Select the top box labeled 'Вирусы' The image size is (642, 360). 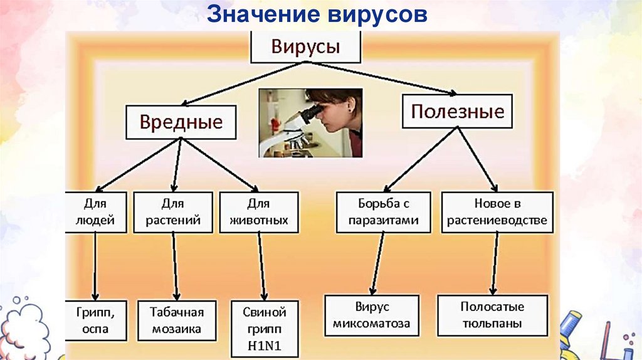coord(305,46)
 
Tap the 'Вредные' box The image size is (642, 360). coord(181,122)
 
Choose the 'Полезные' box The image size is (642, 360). coord(457,112)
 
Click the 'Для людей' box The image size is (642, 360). coord(95,212)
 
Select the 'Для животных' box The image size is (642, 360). coord(258,212)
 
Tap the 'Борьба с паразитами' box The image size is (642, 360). coord(383,212)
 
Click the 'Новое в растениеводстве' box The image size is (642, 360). coord(497,212)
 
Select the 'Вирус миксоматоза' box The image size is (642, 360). coord(371,315)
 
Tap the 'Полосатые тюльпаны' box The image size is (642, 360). coord(492,315)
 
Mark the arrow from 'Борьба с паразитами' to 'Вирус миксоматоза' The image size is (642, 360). coord(378,263)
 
